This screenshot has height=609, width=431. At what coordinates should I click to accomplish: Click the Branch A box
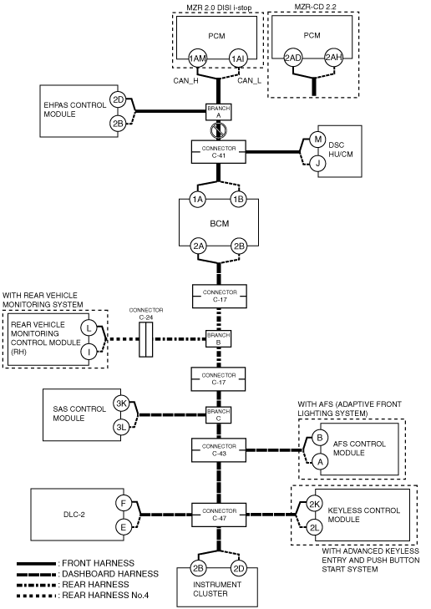click(219, 112)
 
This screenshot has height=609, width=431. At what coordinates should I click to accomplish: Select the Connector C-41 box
click(219, 152)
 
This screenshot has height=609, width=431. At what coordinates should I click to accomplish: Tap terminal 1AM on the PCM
click(197, 58)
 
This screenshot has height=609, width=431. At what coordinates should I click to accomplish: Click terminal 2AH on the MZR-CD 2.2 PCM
click(333, 58)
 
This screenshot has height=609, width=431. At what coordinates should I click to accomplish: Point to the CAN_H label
click(185, 81)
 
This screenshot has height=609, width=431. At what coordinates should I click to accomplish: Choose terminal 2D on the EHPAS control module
click(117, 100)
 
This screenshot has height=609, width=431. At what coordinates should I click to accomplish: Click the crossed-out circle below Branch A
click(218, 130)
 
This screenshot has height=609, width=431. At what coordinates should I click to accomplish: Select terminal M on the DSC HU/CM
click(317, 139)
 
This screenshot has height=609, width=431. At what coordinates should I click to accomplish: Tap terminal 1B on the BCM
click(238, 200)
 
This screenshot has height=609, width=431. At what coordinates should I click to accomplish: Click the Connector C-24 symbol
click(145, 339)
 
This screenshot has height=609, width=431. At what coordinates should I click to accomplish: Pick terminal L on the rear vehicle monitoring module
click(89, 328)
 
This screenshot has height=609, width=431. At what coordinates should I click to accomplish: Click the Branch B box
click(218, 338)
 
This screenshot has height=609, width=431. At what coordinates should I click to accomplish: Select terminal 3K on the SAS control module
click(122, 403)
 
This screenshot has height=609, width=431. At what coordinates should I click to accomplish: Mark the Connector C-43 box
click(219, 449)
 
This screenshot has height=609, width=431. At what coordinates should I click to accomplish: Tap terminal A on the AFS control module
click(320, 462)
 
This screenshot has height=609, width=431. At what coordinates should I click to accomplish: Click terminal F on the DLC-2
click(124, 504)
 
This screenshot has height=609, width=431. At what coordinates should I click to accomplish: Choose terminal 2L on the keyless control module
click(314, 527)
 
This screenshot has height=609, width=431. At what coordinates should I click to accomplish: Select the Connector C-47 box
click(219, 515)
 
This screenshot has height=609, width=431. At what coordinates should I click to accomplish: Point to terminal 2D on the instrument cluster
click(238, 568)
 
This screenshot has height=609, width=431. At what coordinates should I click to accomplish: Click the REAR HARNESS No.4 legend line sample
click(36, 596)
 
